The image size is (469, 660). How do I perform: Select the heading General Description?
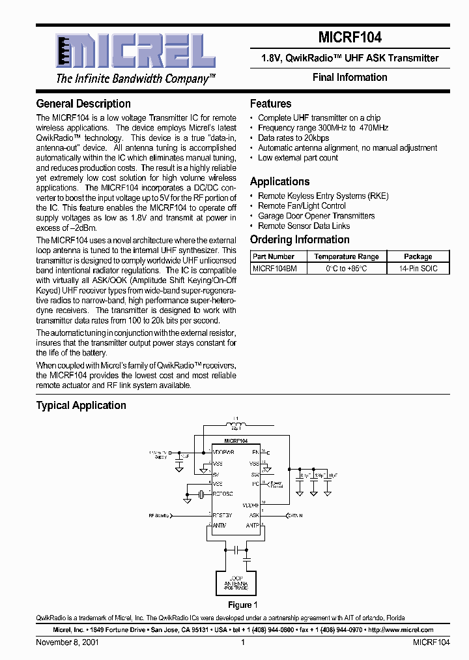83,104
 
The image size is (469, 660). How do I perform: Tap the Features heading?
271,104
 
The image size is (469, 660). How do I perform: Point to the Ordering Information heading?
300,239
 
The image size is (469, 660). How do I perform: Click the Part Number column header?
274,257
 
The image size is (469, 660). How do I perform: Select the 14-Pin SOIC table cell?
418,268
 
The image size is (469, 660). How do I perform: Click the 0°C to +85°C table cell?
346,268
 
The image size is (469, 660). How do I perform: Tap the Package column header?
418,257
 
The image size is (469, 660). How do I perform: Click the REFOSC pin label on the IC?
223,494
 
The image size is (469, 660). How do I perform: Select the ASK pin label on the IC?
254,515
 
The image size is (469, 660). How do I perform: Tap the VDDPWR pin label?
223,451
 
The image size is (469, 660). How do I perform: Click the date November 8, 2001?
64,642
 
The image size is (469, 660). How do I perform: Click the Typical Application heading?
81,405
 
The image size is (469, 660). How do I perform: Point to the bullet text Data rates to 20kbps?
294,138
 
